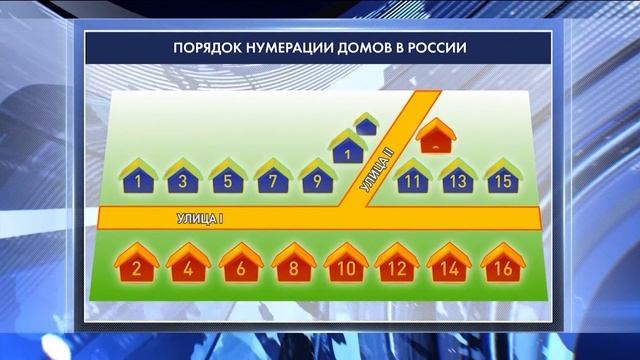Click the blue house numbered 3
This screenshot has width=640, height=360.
[183, 178]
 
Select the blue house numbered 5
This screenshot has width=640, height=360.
[228, 178]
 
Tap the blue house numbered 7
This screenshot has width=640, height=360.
[273, 178]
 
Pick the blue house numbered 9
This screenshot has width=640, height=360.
[317, 178]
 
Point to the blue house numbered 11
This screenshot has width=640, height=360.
[412, 178]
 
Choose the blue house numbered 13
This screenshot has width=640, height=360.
[457, 178]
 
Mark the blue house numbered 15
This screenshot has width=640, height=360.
[502, 178]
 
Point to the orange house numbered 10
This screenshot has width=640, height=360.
[346, 264]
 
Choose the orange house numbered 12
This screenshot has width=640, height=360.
[397, 264]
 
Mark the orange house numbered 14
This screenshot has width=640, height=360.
[449, 264]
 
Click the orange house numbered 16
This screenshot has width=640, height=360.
[501, 264]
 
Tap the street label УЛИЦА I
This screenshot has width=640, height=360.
[198, 217]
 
